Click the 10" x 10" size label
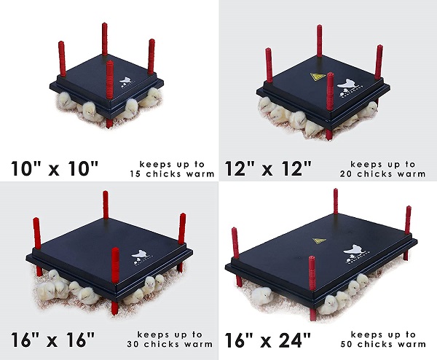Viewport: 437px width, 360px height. click(55, 168)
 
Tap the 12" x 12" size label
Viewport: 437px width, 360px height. click(268, 168)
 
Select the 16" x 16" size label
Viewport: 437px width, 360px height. click(53, 339)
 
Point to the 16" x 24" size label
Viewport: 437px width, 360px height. click(267, 340)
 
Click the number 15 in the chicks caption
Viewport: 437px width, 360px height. click(135, 174)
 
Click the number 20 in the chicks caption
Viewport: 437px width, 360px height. click(346, 174)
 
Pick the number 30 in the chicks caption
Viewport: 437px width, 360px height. click(133, 344)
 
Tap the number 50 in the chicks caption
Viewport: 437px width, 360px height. click(347, 344)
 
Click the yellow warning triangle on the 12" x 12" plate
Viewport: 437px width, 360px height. click(318, 77)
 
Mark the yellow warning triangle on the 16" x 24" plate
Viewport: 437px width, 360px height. click(319, 240)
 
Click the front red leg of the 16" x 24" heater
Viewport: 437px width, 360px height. click(312, 288)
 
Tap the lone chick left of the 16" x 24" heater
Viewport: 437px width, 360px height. click(261, 296)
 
